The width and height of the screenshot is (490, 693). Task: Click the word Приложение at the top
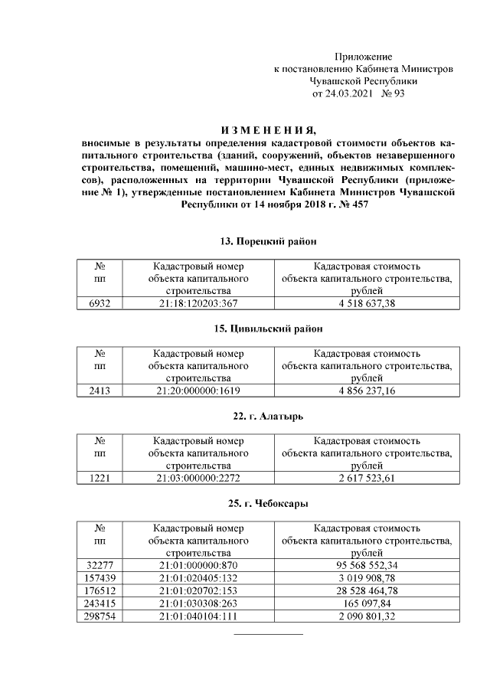(x=364, y=57)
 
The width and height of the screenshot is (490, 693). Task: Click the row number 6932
(x=100, y=303)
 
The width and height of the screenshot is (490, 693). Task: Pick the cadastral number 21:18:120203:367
(x=198, y=303)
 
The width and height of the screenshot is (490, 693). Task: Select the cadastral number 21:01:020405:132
(x=198, y=576)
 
